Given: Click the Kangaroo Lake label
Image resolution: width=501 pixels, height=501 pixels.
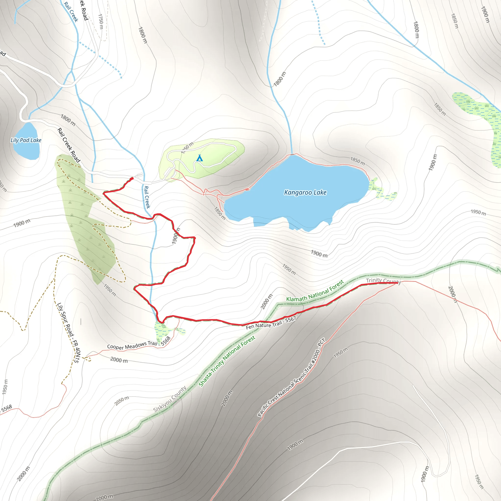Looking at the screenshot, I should pyautogui.click(x=305, y=193).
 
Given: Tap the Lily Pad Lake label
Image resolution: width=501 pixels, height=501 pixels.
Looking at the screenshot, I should pyautogui.click(x=26, y=140).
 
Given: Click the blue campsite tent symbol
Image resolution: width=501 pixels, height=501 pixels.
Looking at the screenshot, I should pyautogui.click(x=199, y=158).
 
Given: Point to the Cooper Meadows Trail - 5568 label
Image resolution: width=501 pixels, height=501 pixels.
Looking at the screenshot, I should pyautogui.click(x=139, y=345).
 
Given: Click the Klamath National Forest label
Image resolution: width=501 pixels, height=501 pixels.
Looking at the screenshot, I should pyautogui.click(x=315, y=291).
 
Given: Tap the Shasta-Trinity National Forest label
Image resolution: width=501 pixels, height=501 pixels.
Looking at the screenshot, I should pyautogui.click(x=227, y=361).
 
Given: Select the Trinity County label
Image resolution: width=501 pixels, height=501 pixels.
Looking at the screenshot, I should pyautogui.click(x=383, y=281).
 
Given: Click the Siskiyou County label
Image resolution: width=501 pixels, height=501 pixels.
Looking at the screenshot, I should pyautogui.click(x=170, y=399).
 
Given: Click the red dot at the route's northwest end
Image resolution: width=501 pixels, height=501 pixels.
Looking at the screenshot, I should pyautogui.click(x=132, y=178).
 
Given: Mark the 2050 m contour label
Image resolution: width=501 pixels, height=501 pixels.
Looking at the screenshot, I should pyautogui.click(x=122, y=401).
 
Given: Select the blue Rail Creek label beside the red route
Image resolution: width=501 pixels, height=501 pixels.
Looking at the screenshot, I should pyautogui.click(x=147, y=197).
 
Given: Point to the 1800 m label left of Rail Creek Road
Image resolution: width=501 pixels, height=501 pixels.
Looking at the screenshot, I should pyautogui.click(x=68, y=120).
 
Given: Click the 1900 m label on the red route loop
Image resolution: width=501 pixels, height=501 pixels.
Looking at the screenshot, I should pyautogui.click(x=176, y=236).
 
